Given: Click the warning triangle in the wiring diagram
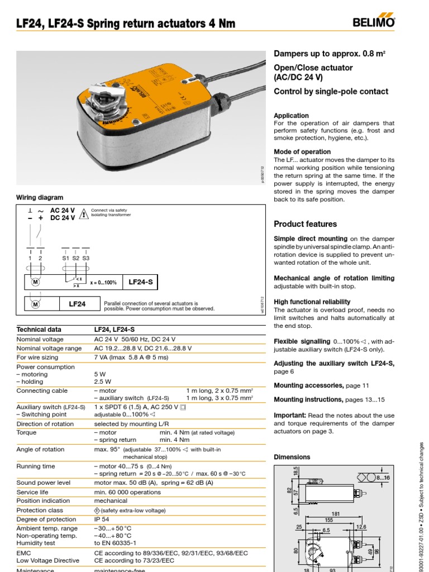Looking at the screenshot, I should coord(84,213).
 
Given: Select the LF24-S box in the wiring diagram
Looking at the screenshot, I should coord(140,282).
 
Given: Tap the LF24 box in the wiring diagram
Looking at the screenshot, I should coord(77,304).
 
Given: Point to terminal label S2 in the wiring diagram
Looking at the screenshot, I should coord(76,258).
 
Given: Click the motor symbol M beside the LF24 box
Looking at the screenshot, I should coord(36,304).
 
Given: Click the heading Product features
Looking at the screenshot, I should coord(305,224).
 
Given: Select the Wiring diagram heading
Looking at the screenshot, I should coord(40,198).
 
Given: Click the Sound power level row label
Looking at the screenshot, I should coord(44,483).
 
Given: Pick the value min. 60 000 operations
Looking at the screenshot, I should coord(127,492).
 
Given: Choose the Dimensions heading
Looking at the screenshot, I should coord(292,457).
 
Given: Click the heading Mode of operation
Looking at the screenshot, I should coord(302,151).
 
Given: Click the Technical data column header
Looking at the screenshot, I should coord(39,330).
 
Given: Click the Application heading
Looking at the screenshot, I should coord(291,116).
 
